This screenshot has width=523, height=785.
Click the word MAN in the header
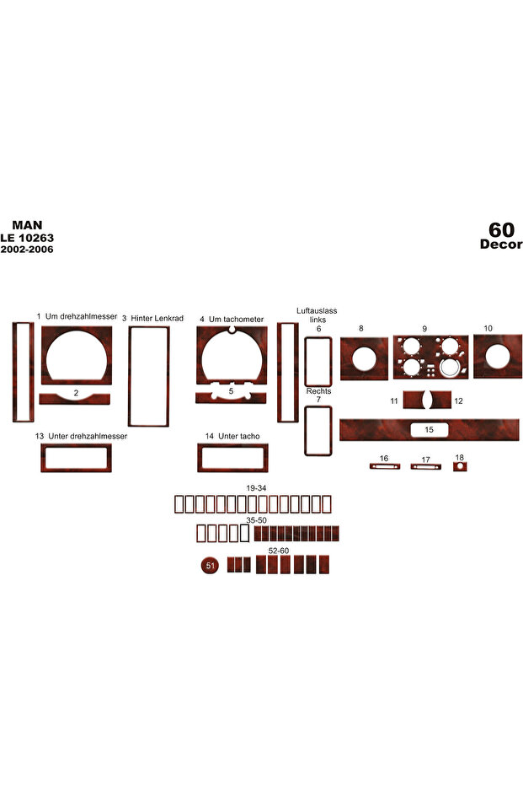pos(27,225)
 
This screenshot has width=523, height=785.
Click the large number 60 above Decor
pos(501,230)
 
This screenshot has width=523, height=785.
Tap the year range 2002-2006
pos(27,250)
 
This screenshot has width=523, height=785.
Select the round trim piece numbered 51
pos(210,566)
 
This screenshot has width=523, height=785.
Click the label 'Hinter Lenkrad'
pos(157,319)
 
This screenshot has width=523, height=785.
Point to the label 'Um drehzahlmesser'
pos(81,316)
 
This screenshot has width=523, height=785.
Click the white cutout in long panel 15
pos(429,429)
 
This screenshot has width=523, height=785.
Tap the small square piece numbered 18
pos(460,466)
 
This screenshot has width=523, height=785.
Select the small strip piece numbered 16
pos(385,466)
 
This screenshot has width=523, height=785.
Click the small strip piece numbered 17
pos(425,466)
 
